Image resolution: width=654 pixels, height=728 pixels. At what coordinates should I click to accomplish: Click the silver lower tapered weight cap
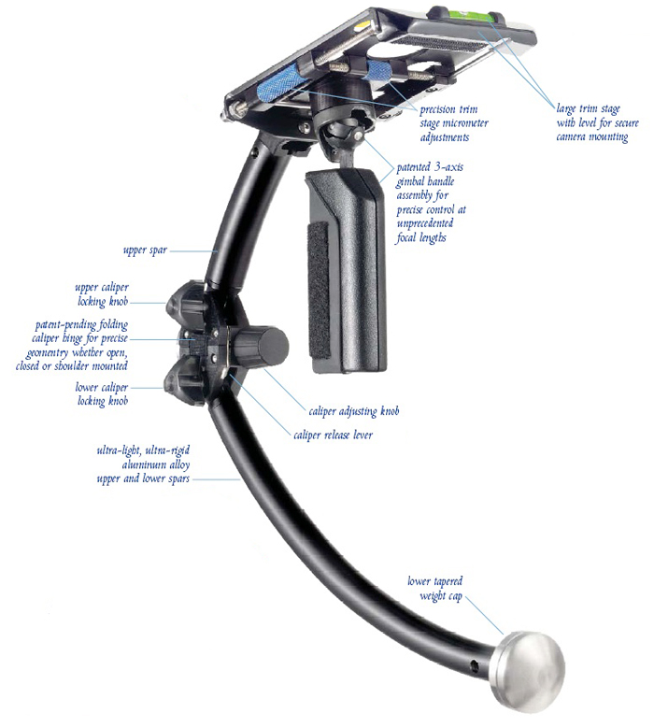click(528, 669)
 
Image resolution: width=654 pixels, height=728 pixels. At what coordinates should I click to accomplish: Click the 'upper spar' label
click(145, 250)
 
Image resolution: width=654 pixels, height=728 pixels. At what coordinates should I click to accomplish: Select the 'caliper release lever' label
click(333, 435)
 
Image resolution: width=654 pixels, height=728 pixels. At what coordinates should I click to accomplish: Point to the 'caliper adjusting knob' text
click(354, 411)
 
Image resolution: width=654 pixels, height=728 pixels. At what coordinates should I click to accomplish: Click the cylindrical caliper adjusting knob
click(260, 347)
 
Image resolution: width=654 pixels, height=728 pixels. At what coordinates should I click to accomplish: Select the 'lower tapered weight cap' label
click(435, 588)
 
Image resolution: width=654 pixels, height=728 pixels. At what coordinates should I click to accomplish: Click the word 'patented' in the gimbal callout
click(413, 167)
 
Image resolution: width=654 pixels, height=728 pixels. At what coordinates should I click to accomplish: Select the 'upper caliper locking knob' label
click(102, 294)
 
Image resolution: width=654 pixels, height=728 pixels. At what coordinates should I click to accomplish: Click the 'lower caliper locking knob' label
click(102, 394)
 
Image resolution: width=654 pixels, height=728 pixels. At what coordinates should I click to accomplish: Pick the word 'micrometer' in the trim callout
click(464, 123)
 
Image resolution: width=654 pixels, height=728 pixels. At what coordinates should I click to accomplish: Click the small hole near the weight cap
click(474, 666)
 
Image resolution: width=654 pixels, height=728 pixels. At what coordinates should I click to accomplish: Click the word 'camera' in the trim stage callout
click(571, 137)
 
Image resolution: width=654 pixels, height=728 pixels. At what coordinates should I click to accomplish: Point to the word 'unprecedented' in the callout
click(425, 223)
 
